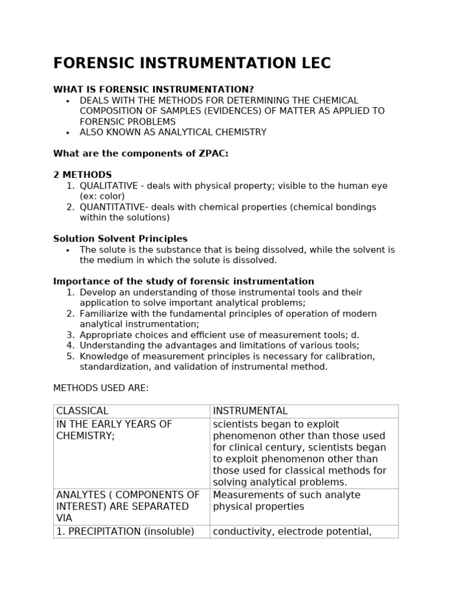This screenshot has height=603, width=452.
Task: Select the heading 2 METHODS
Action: pyautogui.click(x=82, y=175)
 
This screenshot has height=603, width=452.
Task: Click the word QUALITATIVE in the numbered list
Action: pyautogui.click(x=109, y=186)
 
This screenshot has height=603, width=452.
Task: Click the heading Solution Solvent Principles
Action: pyautogui.click(x=120, y=239)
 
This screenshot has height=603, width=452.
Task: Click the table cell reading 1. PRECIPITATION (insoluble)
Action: pyautogui.click(x=125, y=532)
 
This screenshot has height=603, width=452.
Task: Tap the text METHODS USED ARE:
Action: pyautogui.click(x=101, y=388)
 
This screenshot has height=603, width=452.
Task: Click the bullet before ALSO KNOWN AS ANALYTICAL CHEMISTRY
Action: pyautogui.click(x=68, y=133)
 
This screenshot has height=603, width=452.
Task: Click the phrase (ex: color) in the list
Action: pyautogui.click(x=102, y=197)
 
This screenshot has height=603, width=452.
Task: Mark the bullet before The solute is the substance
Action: pyautogui.click(x=68, y=250)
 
